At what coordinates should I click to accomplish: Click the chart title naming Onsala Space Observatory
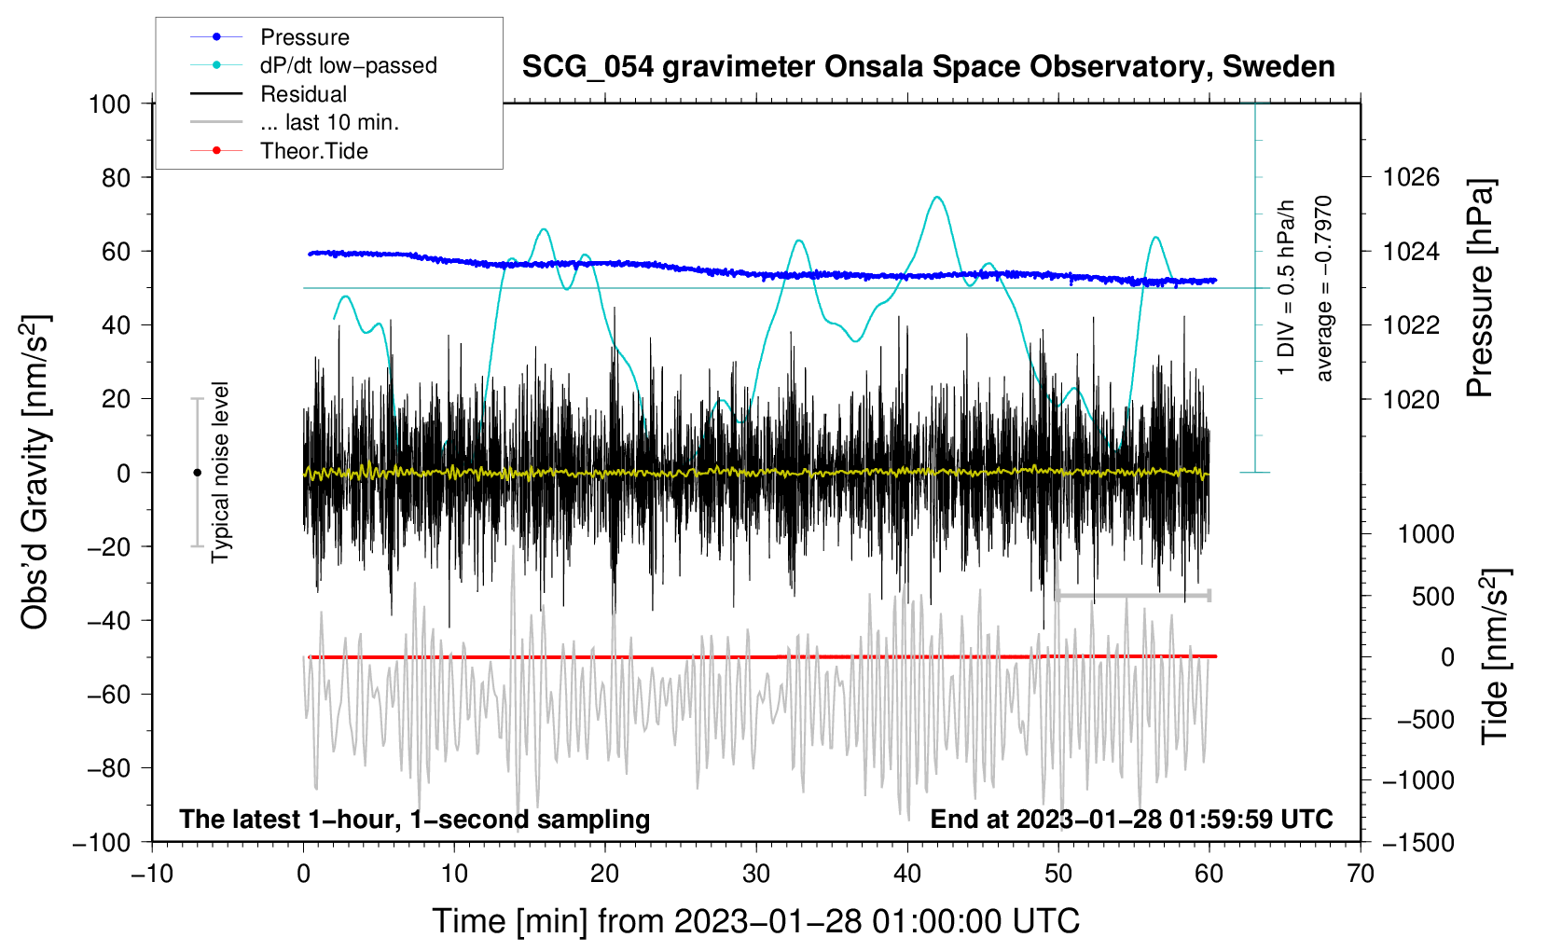click(x=928, y=67)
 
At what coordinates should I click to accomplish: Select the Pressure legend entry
click(x=270, y=36)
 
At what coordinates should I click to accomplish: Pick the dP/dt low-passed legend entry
click(x=313, y=65)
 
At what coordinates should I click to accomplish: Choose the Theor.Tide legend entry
click(x=279, y=151)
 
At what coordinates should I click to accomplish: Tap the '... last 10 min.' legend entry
click(x=295, y=122)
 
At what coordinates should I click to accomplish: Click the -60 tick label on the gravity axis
click(x=108, y=694)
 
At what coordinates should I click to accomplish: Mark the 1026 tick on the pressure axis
click(x=1411, y=178)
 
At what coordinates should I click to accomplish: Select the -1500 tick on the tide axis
click(x=1418, y=843)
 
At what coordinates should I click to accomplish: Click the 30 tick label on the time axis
click(x=756, y=875)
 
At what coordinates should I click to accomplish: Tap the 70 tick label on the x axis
click(x=1360, y=875)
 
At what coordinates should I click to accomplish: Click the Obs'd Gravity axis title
click(x=36, y=473)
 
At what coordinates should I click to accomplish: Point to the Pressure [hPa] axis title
click(x=1480, y=288)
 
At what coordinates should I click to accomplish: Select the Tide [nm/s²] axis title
click(x=1496, y=656)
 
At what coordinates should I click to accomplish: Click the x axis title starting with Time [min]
click(x=756, y=922)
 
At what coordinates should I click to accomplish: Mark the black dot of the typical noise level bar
click(x=197, y=473)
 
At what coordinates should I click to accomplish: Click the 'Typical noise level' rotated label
click(x=220, y=473)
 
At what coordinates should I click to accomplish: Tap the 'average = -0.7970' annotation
click(x=1323, y=288)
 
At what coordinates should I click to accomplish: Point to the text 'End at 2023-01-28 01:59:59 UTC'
click(x=1131, y=819)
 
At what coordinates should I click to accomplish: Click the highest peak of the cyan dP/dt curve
click(x=937, y=197)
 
